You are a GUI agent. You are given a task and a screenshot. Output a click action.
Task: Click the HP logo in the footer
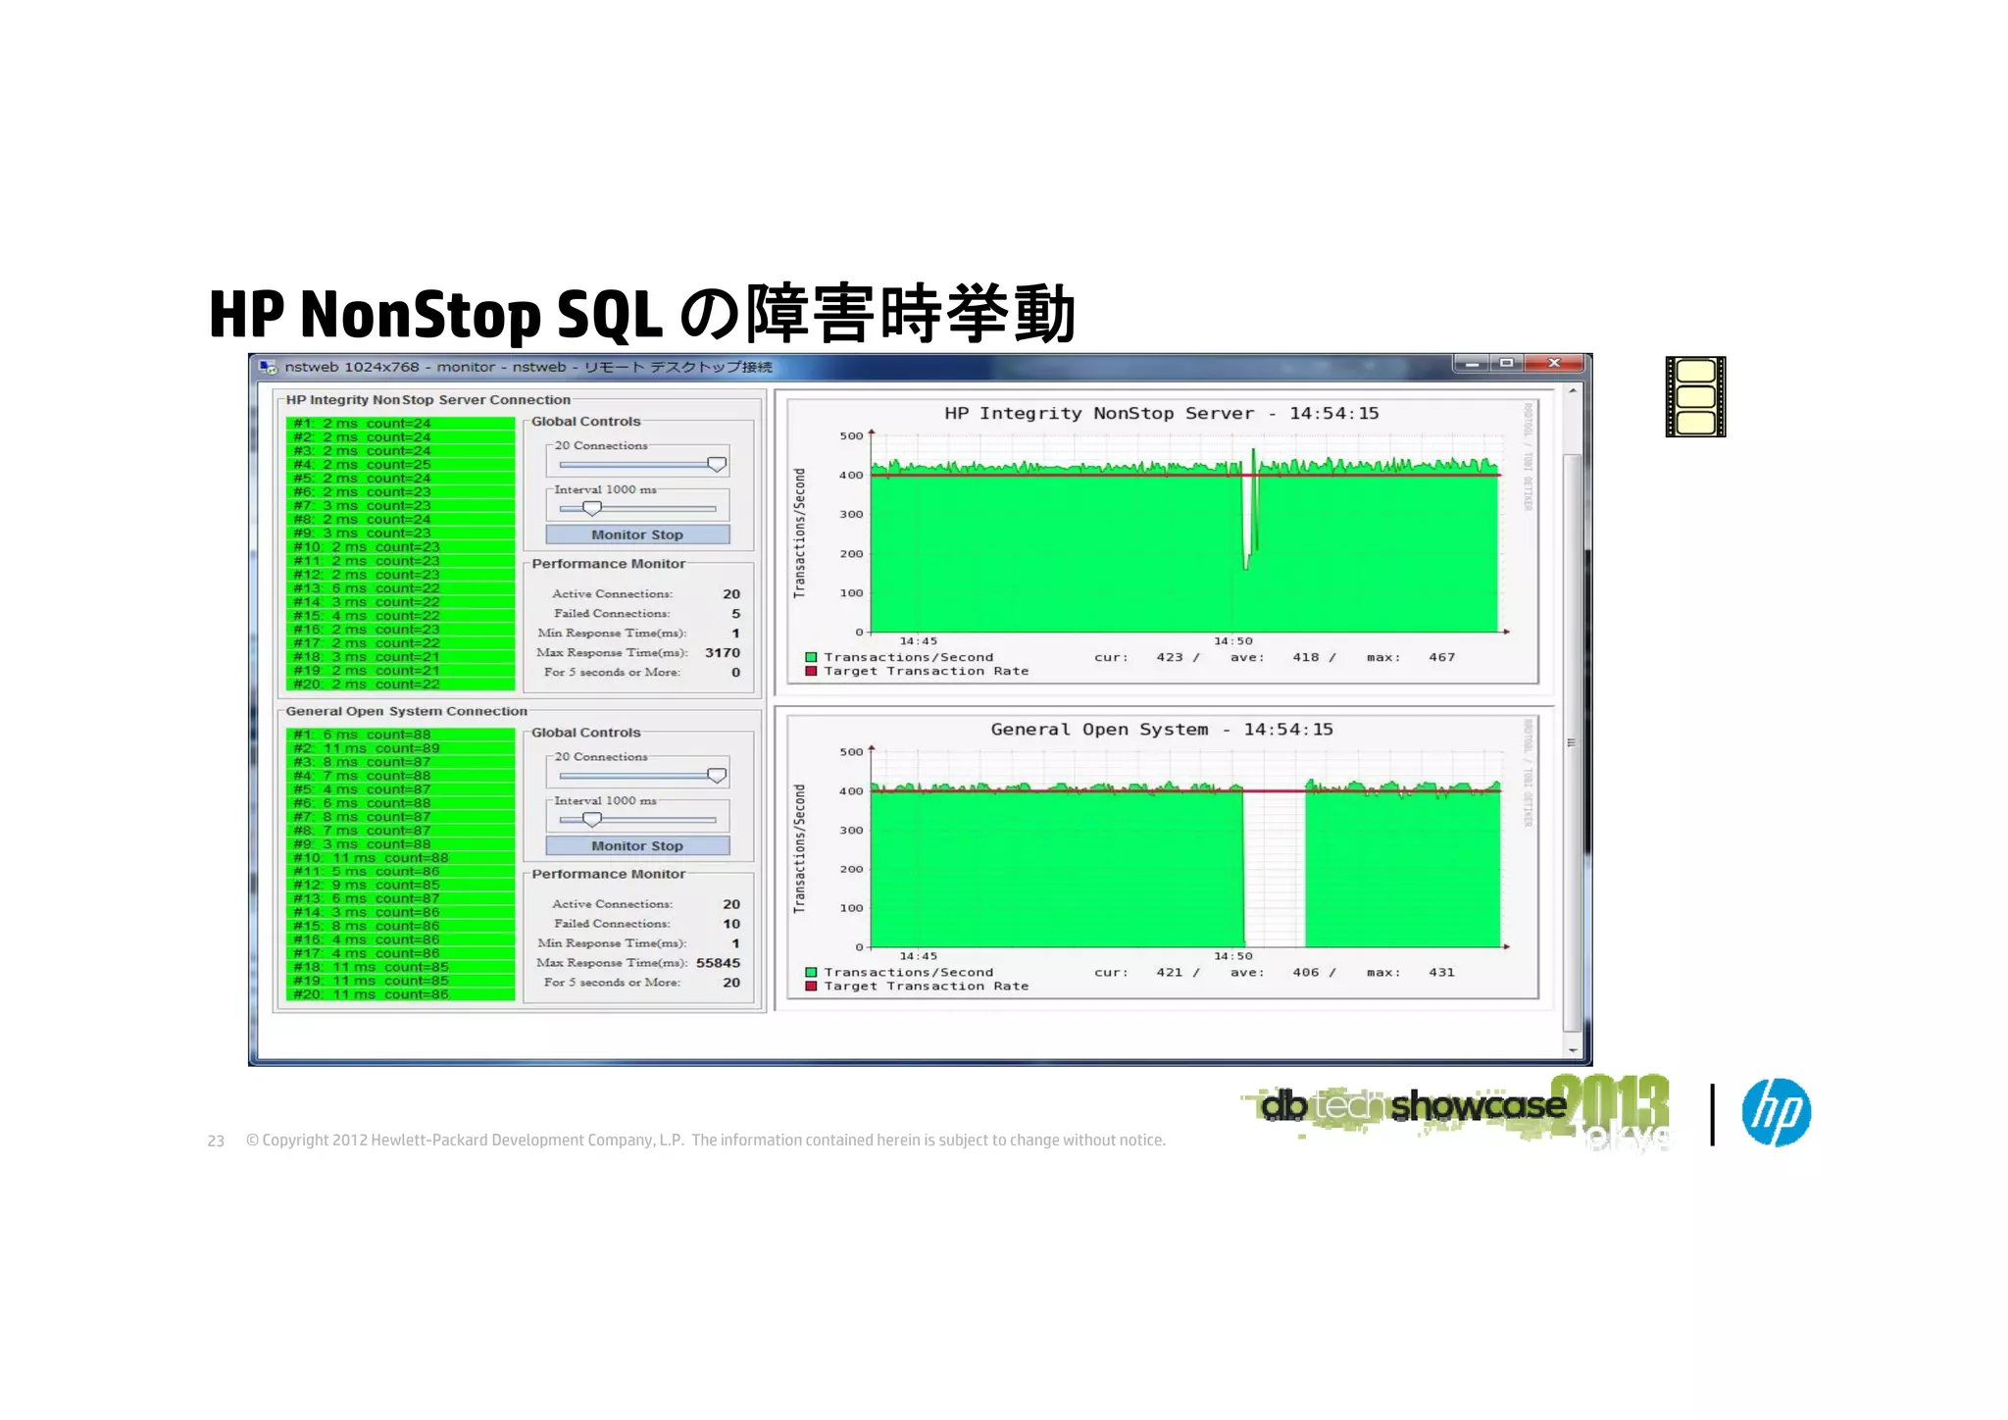[1776, 1112]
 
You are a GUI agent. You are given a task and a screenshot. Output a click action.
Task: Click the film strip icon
[1695, 397]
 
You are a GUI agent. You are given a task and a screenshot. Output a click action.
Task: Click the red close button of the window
[1554, 364]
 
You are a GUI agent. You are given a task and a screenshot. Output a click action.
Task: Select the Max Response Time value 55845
[718, 963]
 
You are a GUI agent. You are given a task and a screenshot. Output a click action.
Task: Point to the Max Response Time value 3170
[723, 653]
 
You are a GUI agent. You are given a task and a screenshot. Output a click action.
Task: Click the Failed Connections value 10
[731, 924]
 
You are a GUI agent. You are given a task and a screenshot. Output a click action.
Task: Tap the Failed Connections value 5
[735, 614]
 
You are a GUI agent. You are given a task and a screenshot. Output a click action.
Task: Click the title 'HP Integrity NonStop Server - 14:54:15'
[1161, 414]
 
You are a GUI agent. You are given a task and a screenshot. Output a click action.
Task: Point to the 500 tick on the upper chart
[851, 436]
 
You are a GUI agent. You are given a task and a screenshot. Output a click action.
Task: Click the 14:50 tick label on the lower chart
[1232, 956]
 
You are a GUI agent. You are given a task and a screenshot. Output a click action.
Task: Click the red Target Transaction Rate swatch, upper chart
[811, 672]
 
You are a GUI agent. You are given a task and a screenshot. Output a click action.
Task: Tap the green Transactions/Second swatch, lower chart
[811, 973]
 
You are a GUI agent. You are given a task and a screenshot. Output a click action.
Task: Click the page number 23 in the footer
[216, 1141]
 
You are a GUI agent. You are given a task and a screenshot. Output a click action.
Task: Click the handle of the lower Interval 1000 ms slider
[591, 819]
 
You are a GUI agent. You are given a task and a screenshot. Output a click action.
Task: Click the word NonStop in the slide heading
[421, 315]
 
